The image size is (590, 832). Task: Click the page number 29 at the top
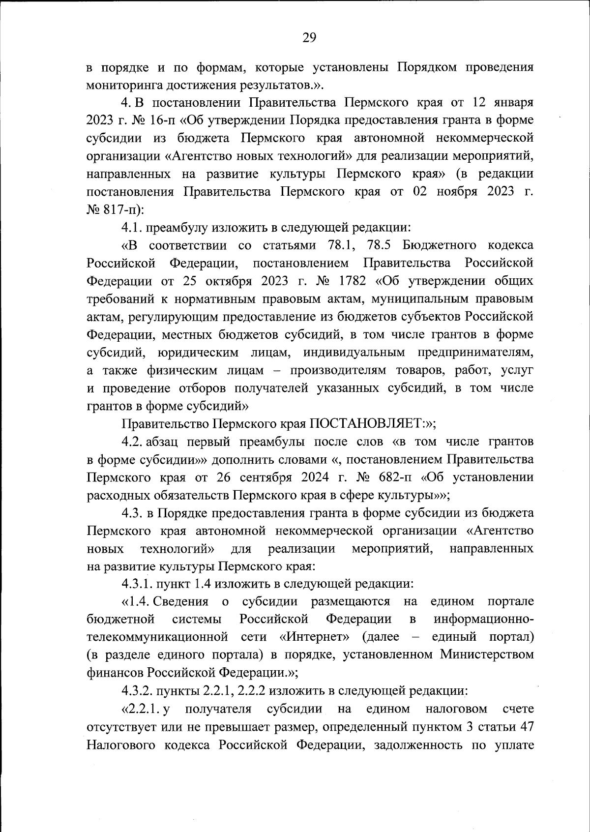coord(309,38)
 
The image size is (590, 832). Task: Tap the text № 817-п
coord(115,210)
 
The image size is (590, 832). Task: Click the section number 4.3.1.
coord(137,584)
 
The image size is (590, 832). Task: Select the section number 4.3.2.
coord(137,691)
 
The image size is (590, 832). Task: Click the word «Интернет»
coord(314,637)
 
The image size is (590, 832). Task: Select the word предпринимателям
coord(475,353)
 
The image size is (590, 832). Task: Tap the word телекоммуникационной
coord(157,637)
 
